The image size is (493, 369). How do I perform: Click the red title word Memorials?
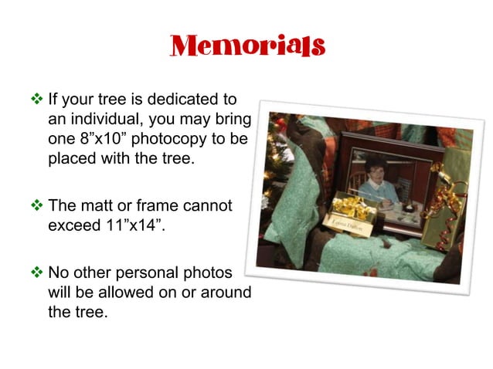pyautogui.click(x=246, y=46)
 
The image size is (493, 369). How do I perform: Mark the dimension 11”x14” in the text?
pyautogui.click(x=143, y=224)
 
